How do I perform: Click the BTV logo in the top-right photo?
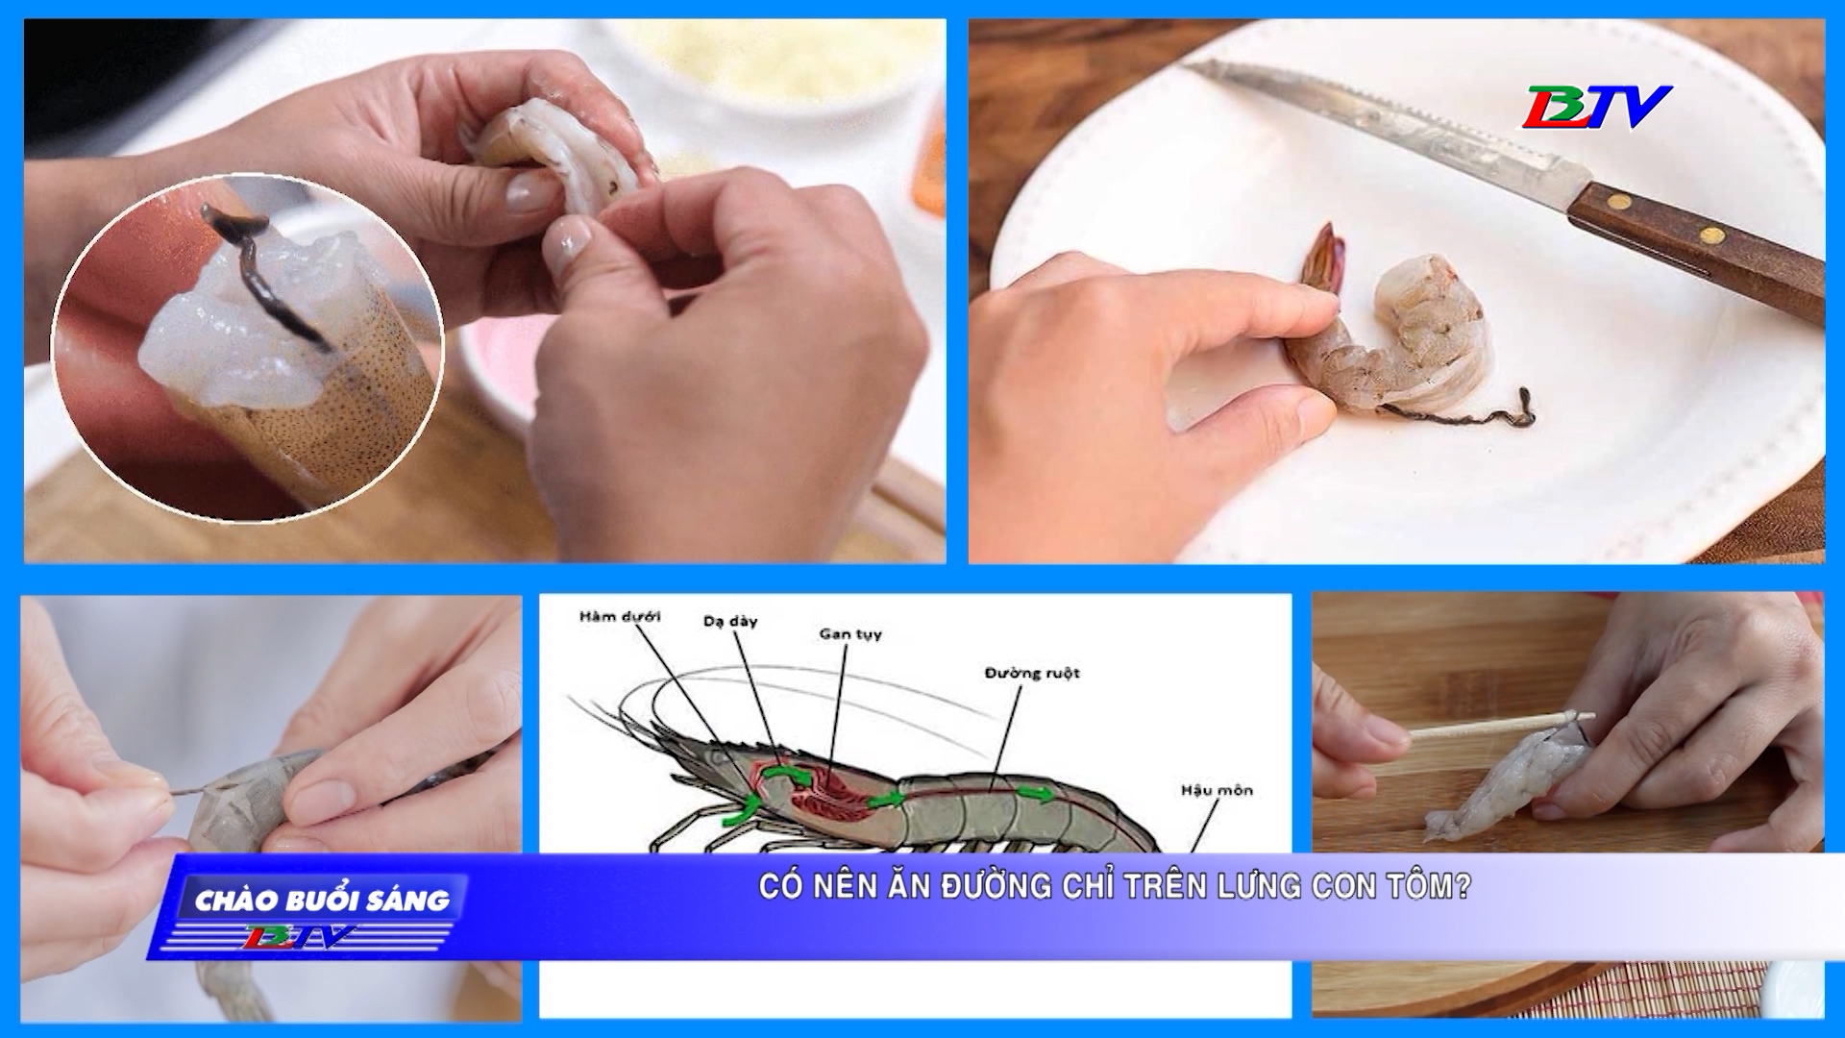click(1595, 107)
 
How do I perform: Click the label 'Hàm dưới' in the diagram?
click(620, 617)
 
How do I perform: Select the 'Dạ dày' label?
click(730, 622)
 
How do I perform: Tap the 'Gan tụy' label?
click(850, 634)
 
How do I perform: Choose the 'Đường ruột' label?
click(1032, 673)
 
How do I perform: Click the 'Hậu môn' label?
click(1217, 790)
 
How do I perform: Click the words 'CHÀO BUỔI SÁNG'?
click(322, 901)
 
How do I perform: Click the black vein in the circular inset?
click(261, 273)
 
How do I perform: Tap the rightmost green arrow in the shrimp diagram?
click(1035, 793)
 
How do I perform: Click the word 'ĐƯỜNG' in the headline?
click(996, 886)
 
